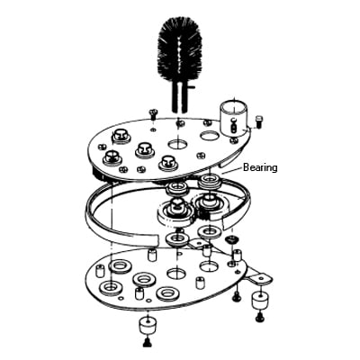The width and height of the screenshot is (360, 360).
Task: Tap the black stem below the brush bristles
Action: tap(179, 96)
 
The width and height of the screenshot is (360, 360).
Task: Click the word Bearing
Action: tap(260, 167)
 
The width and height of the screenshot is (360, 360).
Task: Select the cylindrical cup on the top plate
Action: tap(233, 117)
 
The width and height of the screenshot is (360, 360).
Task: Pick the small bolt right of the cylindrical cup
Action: tap(257, 121)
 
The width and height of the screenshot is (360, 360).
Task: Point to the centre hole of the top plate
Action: tap(177, 145)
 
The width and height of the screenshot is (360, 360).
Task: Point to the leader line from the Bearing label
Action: tap(231, 170)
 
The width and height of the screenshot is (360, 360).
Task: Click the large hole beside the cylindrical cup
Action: tap(211, 136)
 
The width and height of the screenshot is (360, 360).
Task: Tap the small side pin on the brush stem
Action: tap(191, 86)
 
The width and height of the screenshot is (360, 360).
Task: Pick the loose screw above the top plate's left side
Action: tap(153, 114)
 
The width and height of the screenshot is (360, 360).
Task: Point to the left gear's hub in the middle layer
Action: tap(175, 208)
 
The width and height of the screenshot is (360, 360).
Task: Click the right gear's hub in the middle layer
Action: tap(210, 201)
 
